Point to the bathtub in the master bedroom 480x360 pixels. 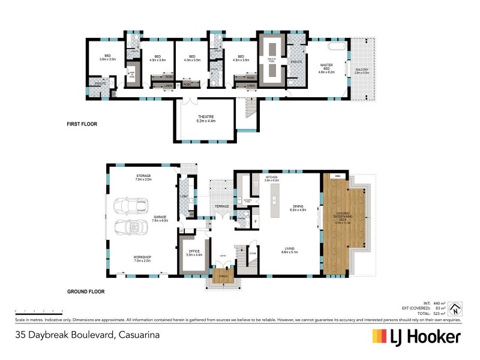click(x=337, y=47)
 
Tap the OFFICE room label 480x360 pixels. click(x=194, y=253)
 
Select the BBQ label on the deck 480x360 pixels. click(x=338, y=176)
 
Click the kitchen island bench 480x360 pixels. click(x=275, y=201)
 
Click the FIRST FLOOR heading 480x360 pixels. click(x=82, y=124)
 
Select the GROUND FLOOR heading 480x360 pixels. click(x=85, y=292)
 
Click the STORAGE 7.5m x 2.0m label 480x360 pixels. click(x=143, y=178)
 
